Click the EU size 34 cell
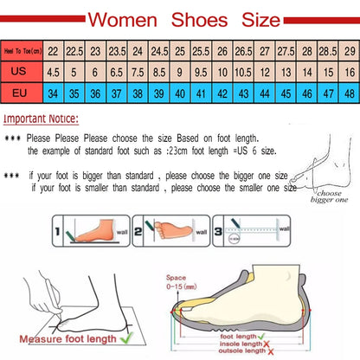click(x=53, y=93)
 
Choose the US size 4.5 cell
click(x=53, y=73)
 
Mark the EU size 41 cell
click(x=201, y=93)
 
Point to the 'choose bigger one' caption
click(x=327, y=197)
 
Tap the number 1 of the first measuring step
click(x=58, y=233)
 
